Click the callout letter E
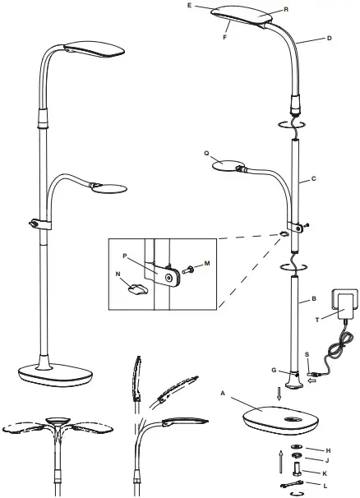click(213, 5)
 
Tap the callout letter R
click(287, 9)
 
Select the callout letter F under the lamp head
click(224, 36)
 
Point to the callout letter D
click(307, 38)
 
